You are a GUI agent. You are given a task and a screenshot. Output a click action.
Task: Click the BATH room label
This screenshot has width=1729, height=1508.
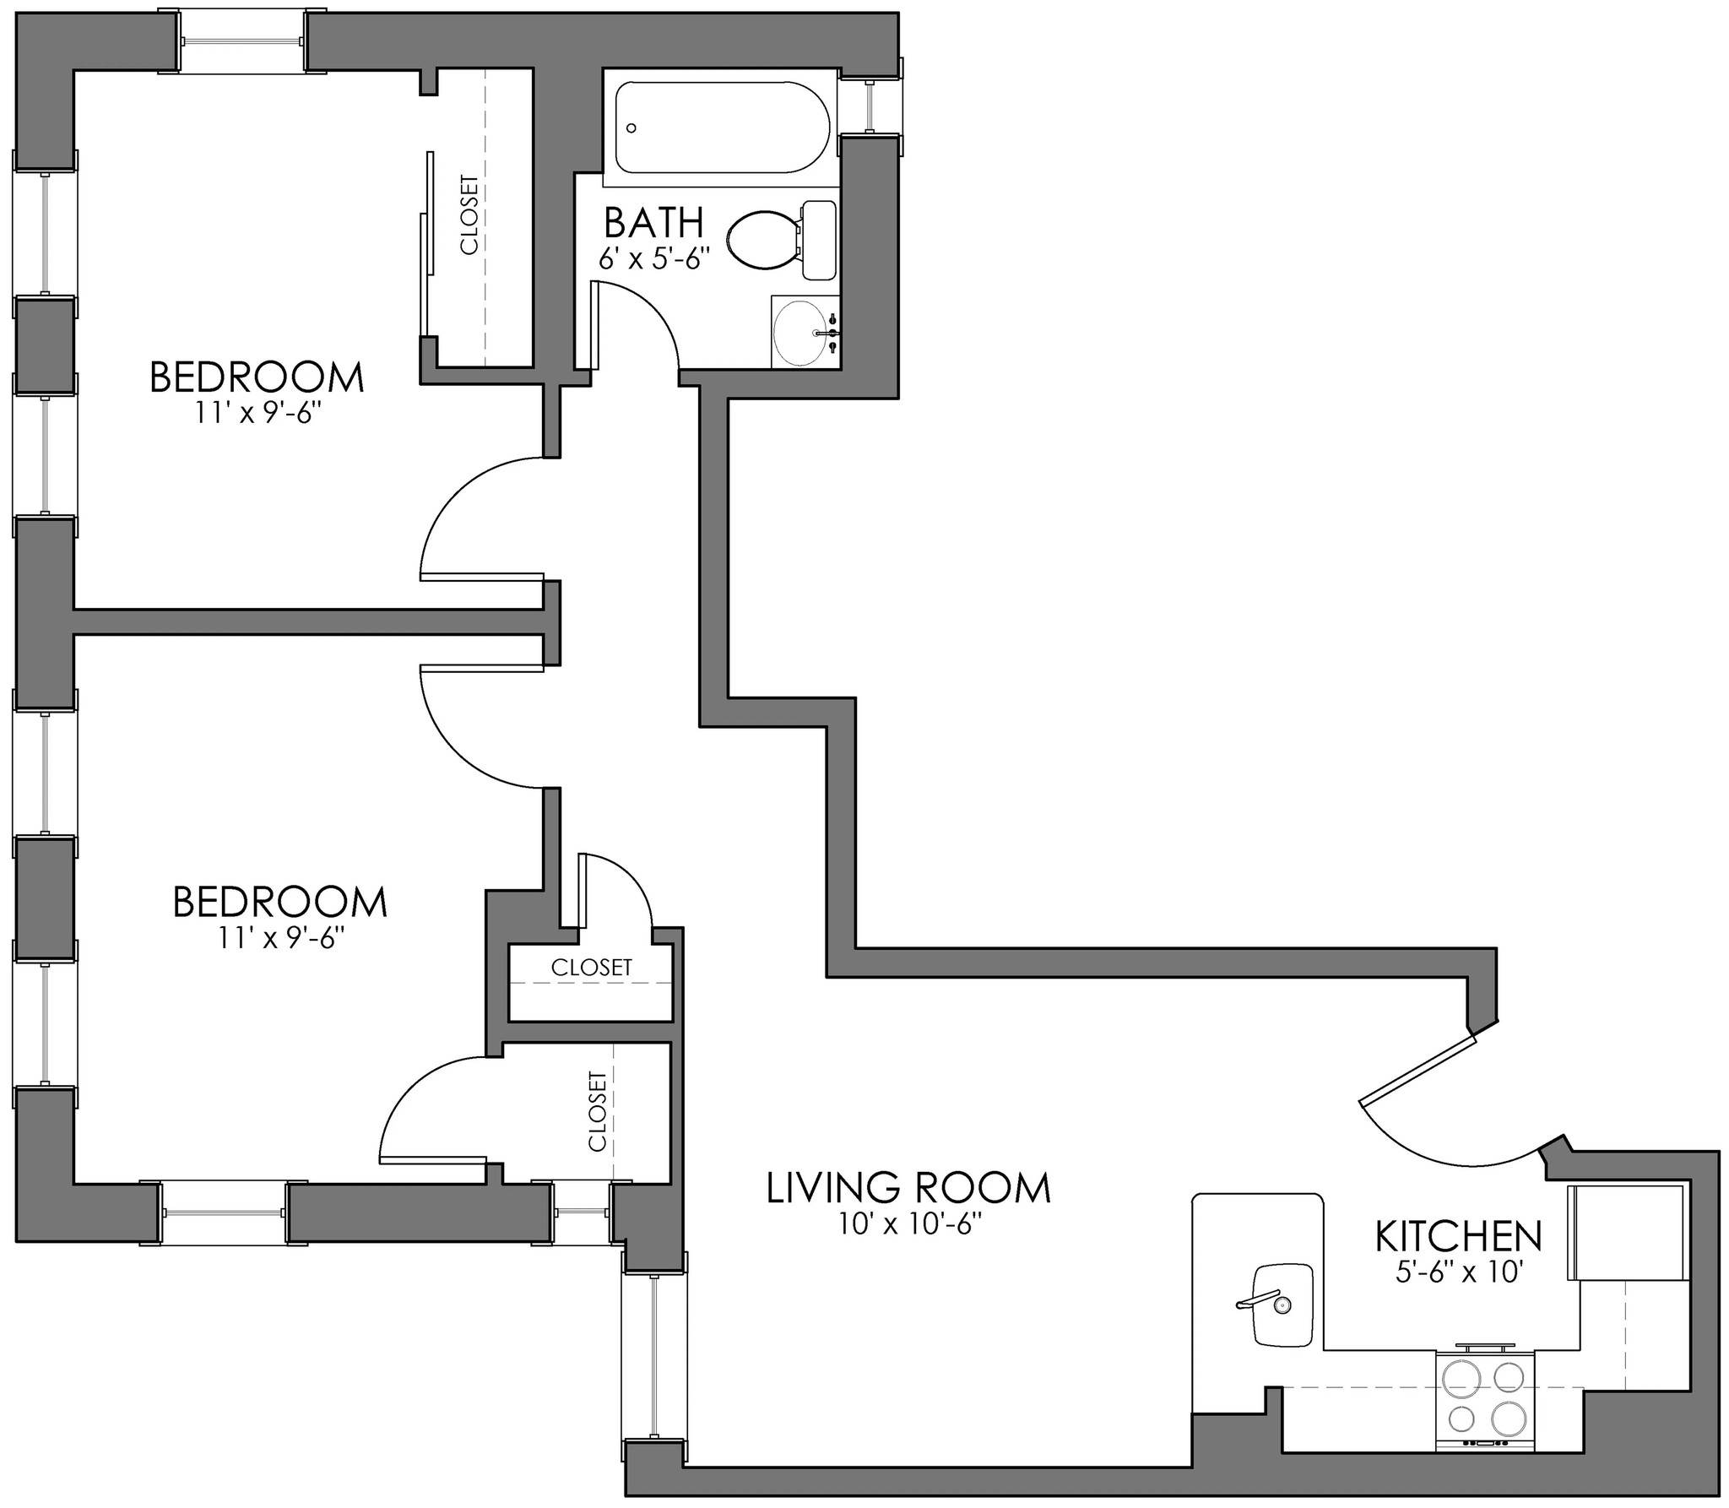(x=653, y=223)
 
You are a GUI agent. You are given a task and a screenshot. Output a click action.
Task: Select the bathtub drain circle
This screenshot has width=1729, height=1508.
(x=631, y=128)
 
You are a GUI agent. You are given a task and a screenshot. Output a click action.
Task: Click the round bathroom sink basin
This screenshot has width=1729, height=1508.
(x=802, y=333)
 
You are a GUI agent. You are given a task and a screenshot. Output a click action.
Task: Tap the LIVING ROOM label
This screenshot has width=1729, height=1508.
(x=908, y=1188)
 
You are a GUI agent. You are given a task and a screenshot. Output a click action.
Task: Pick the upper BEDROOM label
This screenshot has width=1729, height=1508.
(x=257, y=377)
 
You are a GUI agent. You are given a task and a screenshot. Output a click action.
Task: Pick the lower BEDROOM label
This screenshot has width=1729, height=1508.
(x=279, y=903)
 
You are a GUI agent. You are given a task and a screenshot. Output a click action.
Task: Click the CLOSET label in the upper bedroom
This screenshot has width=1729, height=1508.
(x=469, y=214)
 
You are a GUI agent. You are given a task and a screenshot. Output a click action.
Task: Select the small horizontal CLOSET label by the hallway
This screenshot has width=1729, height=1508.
(x=591, y=968)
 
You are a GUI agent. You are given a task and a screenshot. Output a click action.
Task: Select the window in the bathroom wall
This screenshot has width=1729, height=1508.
(x=870, y=106)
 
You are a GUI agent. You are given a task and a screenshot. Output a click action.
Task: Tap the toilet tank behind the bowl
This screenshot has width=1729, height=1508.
(x=818, y=240)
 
